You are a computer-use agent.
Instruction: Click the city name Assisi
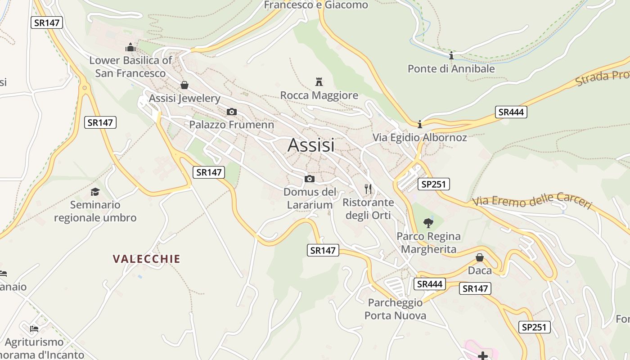pos(311,145)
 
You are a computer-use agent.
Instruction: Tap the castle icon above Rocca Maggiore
pos(319,82)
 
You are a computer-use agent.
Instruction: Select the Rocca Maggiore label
pos(319,95)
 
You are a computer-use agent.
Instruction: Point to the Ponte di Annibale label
pos(451,69)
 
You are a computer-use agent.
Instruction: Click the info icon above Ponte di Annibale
pos(451,55)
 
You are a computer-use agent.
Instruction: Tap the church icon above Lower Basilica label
pos(130,47)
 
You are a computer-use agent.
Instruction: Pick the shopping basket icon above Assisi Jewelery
pos(184,85)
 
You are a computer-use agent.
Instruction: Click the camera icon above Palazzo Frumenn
pos(231,112)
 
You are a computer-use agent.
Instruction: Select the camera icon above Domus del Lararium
pos(309,179)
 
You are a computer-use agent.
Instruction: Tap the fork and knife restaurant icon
pos(368,189)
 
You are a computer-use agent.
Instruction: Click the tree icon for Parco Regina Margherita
pos(428,223)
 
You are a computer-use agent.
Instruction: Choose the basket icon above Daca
pos(480,257)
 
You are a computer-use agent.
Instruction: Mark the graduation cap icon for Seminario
pos(95,192)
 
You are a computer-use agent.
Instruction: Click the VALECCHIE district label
pos(146,259)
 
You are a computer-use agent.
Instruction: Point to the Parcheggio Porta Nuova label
pos(395,309)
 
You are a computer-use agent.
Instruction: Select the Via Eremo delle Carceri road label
pos(532,201)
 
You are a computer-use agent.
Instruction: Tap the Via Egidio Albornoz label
pos(419,138)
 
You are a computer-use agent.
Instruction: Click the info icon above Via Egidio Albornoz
pos(419,124)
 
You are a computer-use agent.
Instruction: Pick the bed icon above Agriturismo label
pos(34,328)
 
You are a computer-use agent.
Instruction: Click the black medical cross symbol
pos(483,356)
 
